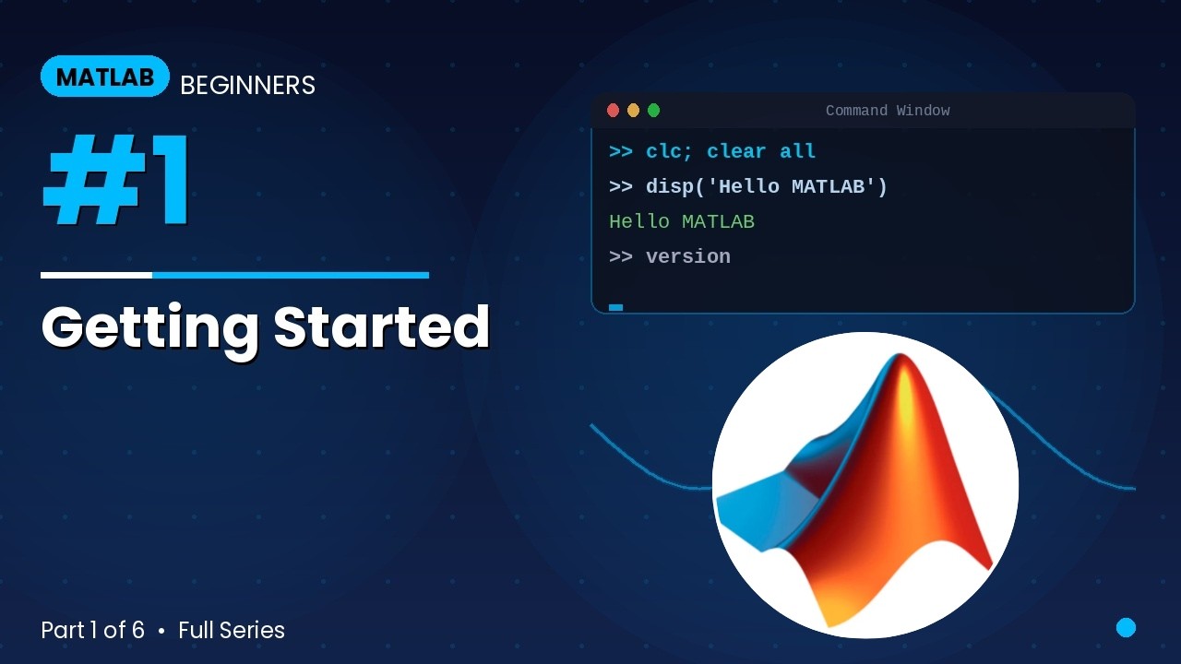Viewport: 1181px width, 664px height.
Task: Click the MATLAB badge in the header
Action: point(105,77)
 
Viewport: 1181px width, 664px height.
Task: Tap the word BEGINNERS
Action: point(247,86)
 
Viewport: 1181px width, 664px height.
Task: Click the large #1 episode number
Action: point(117,181)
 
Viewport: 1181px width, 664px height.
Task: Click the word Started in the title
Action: point(381,326)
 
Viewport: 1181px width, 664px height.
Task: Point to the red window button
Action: point(613,111)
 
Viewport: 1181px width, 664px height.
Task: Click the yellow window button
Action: point(633,111)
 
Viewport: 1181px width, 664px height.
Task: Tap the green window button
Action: point(653,111)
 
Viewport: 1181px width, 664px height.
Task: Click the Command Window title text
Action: point(887,111)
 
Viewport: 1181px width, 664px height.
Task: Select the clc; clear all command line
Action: point(712,151)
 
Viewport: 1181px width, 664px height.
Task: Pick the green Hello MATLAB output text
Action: point(682,221)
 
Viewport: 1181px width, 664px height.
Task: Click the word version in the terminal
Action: point(687,256)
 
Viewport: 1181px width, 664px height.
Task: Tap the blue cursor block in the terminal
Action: point(615,307)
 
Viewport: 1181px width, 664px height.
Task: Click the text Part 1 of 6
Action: point(92,630)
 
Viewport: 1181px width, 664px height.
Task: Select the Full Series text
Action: point(232,630)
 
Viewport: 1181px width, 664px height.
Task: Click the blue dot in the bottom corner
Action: point(1126,628)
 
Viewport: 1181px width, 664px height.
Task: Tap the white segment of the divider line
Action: point(96,275)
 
